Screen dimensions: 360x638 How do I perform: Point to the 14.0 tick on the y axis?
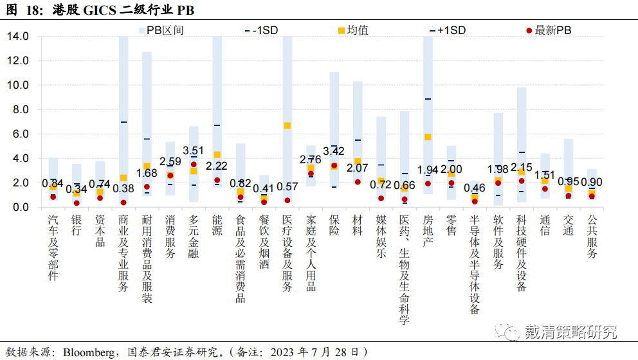tap(17, 36)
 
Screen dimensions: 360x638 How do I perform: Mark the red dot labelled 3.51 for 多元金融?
tap(194, 165)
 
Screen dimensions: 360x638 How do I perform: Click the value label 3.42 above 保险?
tap(334, 152)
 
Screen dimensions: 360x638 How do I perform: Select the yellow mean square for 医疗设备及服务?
tap(287, 125)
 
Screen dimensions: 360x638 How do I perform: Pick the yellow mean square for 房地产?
tap(428, 137)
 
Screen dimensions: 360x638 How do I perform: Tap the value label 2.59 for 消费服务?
tap(170, 161)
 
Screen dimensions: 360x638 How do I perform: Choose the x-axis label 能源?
tap(217, 225)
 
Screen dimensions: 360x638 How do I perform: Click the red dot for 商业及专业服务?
tap(123, 203)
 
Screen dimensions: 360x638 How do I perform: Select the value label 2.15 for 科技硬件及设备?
tap(522, 168)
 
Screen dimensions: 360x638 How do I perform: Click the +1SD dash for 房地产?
tap(428, 99)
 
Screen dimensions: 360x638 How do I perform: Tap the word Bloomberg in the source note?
tap(89, 352)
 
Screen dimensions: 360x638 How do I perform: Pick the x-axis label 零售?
tap(451, 225)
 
